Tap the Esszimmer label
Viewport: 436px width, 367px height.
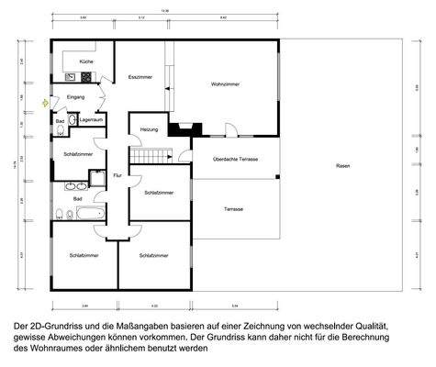(x=140, y=76)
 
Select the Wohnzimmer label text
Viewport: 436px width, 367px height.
(x=226, y=84)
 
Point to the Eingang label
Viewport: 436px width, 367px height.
(x=76, y=96)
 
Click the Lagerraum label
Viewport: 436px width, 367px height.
(x=90, y=120)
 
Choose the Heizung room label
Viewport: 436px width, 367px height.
(x=149, y=130)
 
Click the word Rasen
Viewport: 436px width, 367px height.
(x=342, y=165)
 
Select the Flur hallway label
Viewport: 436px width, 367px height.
(x=117, y=174)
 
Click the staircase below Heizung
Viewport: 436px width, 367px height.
(x=146, y=157)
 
